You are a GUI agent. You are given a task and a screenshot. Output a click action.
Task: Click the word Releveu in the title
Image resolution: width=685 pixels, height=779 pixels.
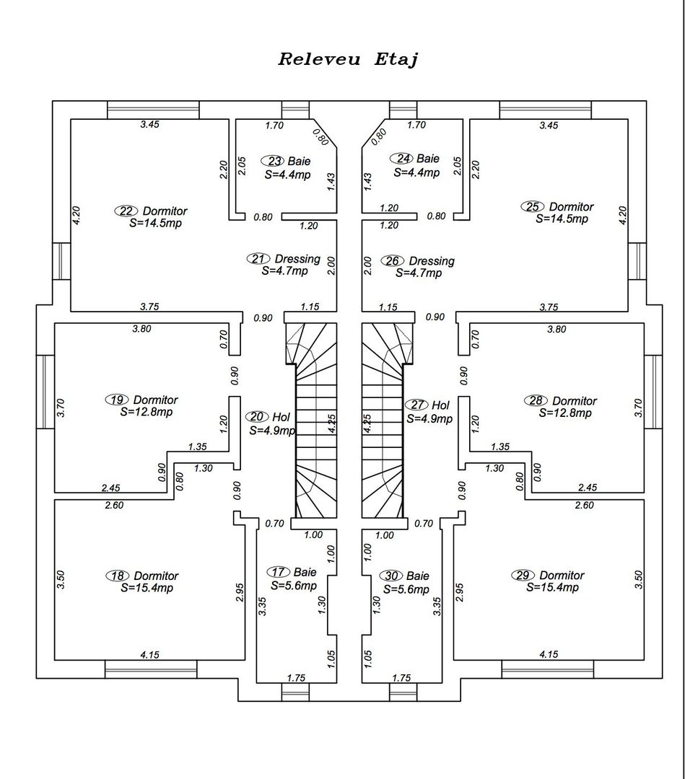(x=319, y=59)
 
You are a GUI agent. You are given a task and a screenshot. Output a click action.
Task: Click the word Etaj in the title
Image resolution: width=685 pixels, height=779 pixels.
(x=396, y=59)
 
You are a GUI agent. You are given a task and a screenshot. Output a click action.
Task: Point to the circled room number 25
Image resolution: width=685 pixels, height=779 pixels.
(x=533, y=207)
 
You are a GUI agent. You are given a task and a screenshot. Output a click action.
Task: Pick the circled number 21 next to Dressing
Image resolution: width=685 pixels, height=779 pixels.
(x=259, y=258)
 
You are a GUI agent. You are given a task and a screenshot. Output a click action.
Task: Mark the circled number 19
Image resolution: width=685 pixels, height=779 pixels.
(x=117, y=400)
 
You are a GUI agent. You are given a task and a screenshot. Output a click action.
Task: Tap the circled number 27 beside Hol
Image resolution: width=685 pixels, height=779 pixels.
(x=417, y=405)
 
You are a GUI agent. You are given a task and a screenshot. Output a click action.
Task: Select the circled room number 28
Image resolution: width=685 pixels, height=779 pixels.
(x=536, y=400)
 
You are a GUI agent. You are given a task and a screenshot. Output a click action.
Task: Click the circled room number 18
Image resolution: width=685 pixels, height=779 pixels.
(x=118, y=576)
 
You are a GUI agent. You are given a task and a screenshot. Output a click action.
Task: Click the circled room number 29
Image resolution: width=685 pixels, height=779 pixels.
(x=523, y=575)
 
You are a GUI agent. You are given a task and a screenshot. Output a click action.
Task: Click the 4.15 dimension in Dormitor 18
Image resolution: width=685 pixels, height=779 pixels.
(x=150, y=655)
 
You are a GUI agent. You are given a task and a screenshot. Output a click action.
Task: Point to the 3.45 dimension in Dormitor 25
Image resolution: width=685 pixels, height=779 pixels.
(x=549, y=125)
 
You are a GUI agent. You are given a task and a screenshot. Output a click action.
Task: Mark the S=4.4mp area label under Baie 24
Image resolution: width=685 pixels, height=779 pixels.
(x=416, y=172)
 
